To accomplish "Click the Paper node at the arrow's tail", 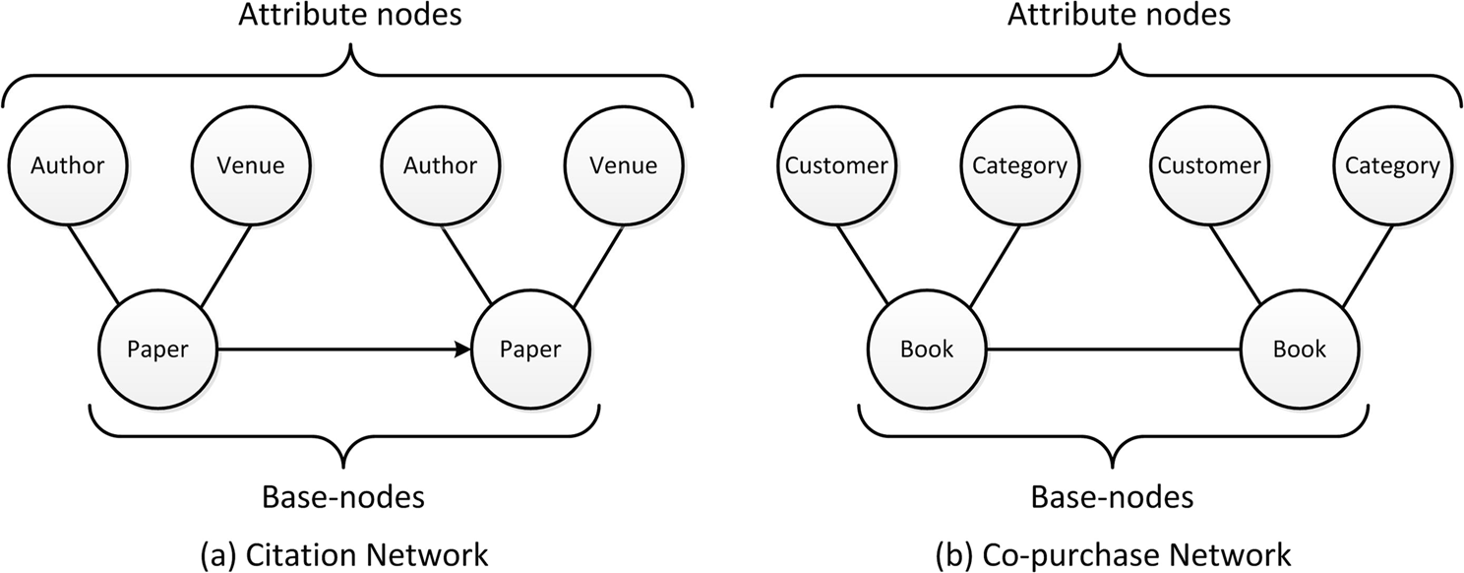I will (x=157, y=350).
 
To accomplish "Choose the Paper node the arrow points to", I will (x=531, y=350).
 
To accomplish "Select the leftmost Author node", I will (x=67, y=165).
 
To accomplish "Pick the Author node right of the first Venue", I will (x=440, y=165).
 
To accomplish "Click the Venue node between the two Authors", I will (x=250, y=165).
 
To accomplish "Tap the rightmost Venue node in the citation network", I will (x=623, y=165).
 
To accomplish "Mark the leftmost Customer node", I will (x=834, y=165).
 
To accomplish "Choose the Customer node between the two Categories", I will (x=1208, y=165).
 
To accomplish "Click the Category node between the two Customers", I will (x=1019, y=165).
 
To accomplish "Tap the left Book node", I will (x=926, y=350).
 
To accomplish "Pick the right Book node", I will (x=1299, y=350).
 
